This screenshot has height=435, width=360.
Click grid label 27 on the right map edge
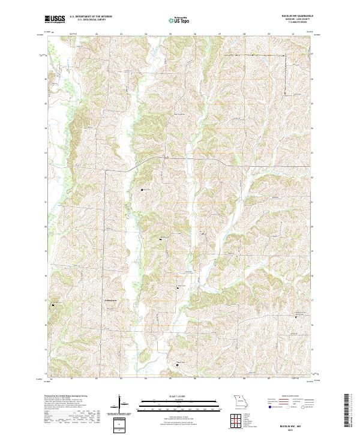point(311,53)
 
